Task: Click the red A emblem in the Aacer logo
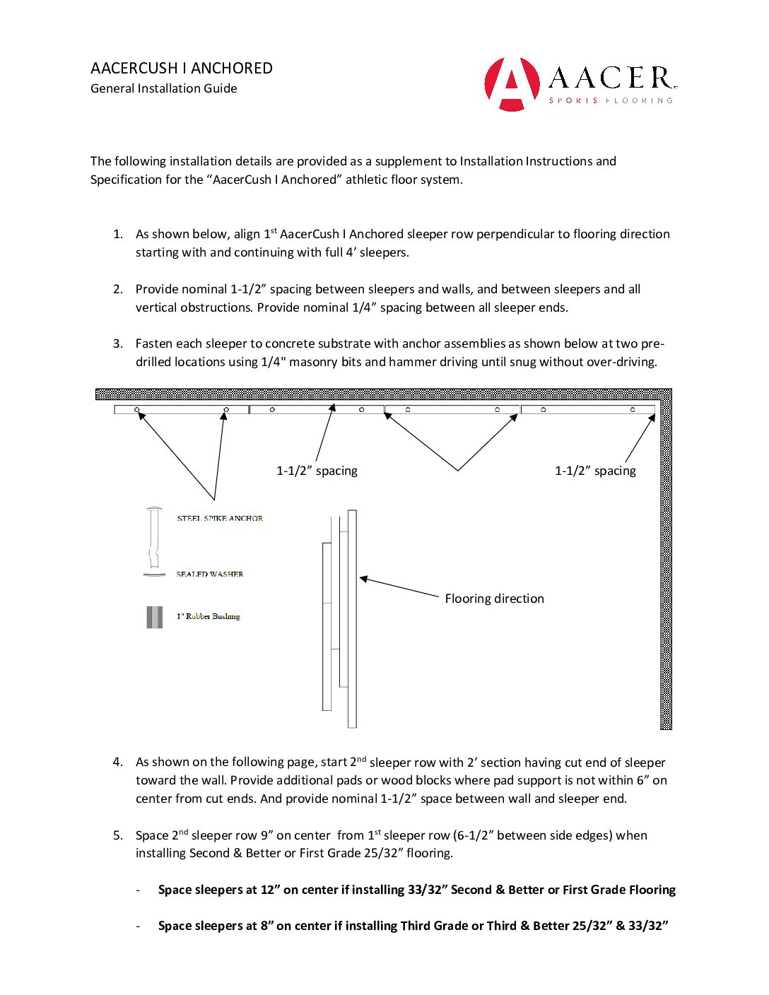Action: coord(512,83)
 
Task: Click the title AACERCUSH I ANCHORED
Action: coord(182,69)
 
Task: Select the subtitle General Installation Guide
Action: coord(164,88)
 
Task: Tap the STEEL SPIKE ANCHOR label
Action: coord(220,518)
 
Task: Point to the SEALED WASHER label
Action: coord(210,574)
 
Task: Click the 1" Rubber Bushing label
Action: coord(209,616)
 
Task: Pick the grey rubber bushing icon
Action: coord(154,617)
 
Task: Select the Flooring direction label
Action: coord(494,599)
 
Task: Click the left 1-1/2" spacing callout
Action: coord(317,471)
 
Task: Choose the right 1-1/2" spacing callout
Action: coord(595,471)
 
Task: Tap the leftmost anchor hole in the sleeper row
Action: coord(137,410)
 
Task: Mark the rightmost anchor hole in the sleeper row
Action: coord(633,410)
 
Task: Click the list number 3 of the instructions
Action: coord(117,343)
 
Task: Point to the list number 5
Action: coord(117,835)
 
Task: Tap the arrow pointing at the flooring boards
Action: coord(400,588)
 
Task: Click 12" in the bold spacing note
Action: coord(269,890)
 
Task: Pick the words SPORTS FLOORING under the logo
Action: coord(611,100)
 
